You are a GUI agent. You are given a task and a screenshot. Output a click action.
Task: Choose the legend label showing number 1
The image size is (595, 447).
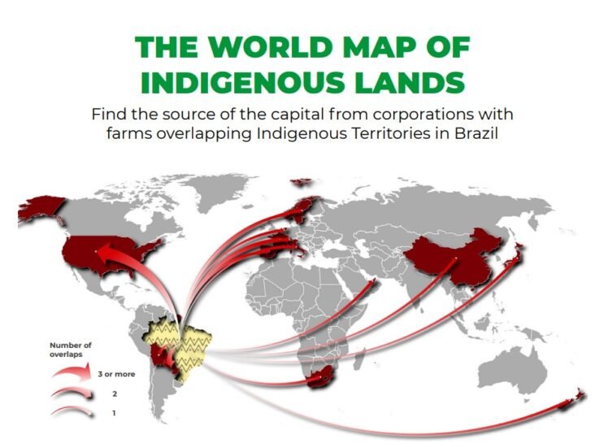pos(102,412)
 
